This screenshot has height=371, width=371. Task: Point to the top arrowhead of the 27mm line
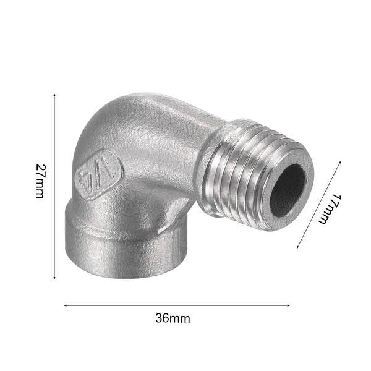click(x=54, y=96)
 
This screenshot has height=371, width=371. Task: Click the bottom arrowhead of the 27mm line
click(x=54, y=278)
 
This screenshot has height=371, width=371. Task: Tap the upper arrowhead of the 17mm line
click(x=339, y=164)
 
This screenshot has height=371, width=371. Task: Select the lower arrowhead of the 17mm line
click(x=299, y=247)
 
